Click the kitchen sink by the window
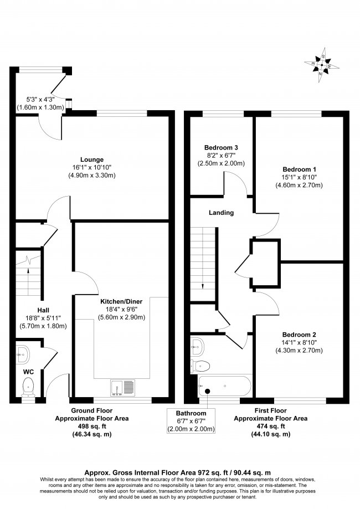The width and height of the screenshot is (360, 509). (122, 386)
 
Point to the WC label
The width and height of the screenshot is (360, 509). (29, 372)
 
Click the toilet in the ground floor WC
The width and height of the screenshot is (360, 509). (28, 385)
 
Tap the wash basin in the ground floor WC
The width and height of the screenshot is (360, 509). (22, 350)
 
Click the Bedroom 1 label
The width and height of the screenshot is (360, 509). (300, 168)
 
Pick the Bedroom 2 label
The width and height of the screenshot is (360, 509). (299, 335)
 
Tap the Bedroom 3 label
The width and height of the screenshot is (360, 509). (221, 147)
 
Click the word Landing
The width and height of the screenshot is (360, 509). (221, 213)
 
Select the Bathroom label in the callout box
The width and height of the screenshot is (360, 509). (191, 413)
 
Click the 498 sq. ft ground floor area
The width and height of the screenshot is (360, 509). (99, 427)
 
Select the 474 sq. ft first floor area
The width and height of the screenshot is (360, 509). (270, 427)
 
